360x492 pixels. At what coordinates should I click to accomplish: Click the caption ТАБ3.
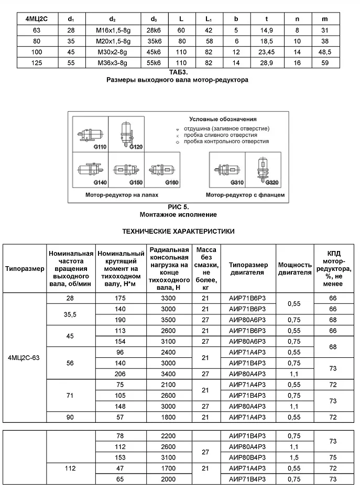178,72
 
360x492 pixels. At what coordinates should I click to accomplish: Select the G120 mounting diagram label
136,148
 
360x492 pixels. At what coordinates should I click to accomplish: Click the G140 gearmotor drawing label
85,182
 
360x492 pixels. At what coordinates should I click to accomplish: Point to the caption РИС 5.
178,207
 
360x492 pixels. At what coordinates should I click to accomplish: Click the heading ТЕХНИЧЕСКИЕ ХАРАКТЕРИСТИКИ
178,231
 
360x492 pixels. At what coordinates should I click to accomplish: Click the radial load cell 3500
169,319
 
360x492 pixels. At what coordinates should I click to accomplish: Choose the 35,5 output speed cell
70,314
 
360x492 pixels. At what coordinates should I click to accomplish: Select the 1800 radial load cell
169,418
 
